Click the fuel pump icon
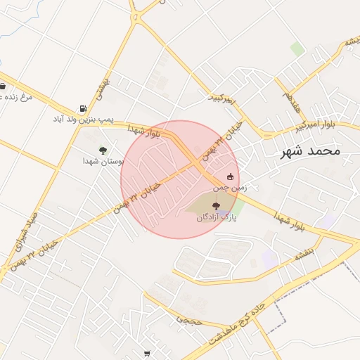(84, 109)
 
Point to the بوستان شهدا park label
(103, 161)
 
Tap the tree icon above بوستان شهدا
(103, 150)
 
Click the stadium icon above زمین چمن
(230, 176)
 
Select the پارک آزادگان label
(217, 218)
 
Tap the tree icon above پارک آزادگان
(216, 207)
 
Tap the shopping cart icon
(146, 354)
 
